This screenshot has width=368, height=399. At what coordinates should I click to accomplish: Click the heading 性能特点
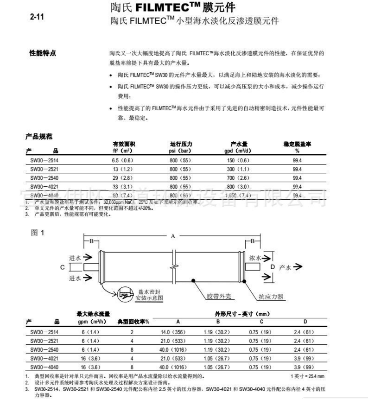coord(43,53)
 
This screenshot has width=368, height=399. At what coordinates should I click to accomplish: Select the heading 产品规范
coord(38,137)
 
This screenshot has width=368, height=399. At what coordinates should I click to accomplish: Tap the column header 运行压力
coord(181,144)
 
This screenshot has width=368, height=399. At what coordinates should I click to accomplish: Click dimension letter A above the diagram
coord(172,236)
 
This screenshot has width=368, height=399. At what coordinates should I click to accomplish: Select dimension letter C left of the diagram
coord(62,267)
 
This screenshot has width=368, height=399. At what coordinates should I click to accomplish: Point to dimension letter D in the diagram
coord(273,267)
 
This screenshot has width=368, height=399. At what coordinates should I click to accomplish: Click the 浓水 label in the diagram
coord(256,258)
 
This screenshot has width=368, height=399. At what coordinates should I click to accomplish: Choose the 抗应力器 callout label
coord(271,297)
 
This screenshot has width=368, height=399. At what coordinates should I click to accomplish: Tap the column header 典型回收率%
coord(133,322)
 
